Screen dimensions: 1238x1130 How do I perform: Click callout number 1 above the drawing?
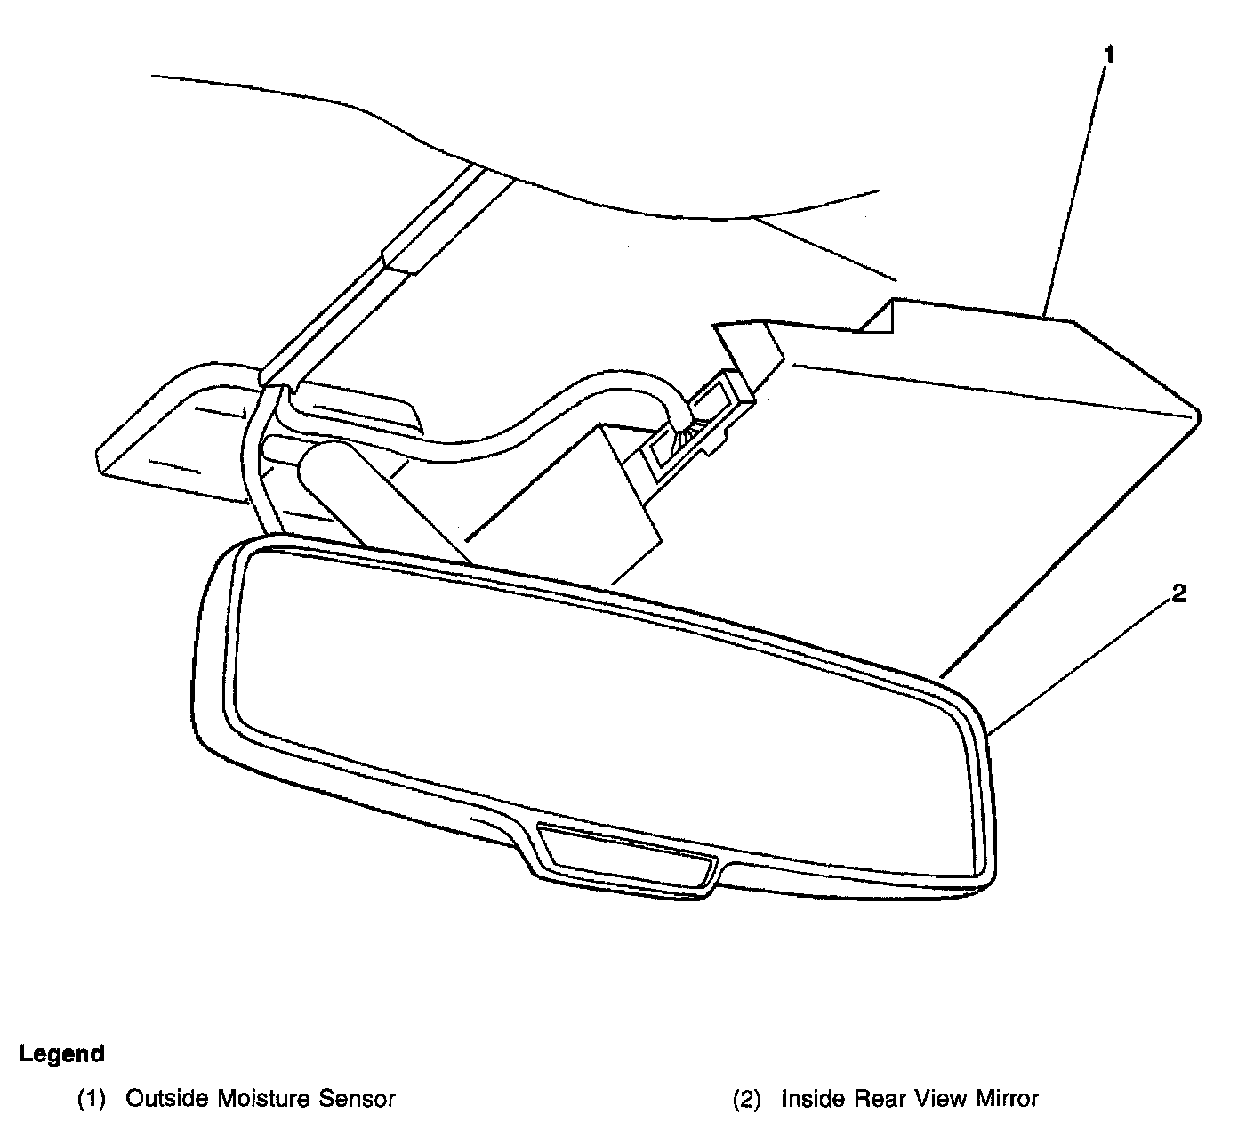click(x=1107, y=55)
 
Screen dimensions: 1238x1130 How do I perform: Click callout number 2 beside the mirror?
click(x=1178, y=594)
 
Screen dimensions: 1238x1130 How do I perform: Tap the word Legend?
click(x=62, y=1054)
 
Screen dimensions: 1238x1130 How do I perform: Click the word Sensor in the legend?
click(x=357, y=1099)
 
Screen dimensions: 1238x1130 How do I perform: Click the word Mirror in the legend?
click(x=1005, y=1099)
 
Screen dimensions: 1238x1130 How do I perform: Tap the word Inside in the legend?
click(x=814, y=1099)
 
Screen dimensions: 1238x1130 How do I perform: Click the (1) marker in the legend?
click(x=92, y=1100)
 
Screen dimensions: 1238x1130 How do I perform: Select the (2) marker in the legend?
click(x=747, y=1100)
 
